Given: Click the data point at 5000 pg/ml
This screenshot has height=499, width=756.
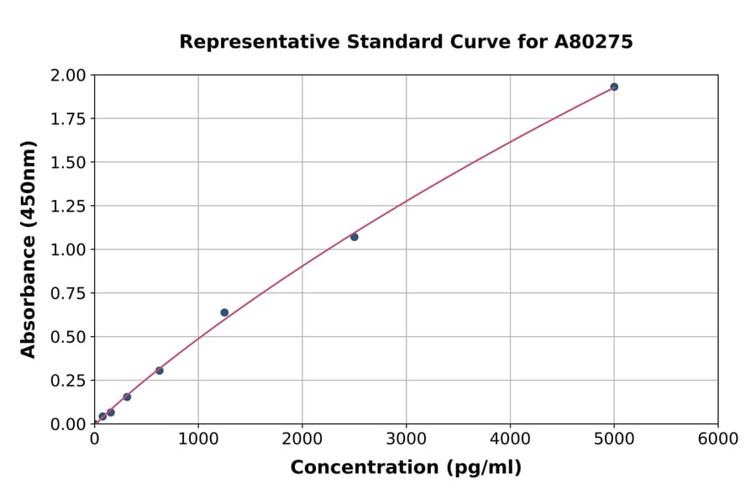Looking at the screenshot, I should tap(614, 87).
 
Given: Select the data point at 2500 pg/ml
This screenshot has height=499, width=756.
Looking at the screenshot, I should tap(354, 237).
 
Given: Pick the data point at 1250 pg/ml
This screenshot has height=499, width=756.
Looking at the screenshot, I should tap(224, 313).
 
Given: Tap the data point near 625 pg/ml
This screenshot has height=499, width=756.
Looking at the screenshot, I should tap(160, 370).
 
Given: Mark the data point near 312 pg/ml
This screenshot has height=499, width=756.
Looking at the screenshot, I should tap(127, 397).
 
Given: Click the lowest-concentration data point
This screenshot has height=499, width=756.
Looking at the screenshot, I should tap(102, 416).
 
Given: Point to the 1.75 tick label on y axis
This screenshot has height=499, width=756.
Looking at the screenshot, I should tap(68, 118).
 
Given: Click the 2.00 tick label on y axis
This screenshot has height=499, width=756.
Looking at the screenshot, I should tap(68, 76).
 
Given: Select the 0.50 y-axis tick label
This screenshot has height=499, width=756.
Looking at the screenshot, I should tap(68, 337).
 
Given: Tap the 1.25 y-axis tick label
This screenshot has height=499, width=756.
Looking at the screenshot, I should tap(68, 206).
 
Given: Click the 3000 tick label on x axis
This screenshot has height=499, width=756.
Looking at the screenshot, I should tap(407, 439).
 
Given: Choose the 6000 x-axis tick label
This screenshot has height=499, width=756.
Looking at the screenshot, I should tap(718, 439).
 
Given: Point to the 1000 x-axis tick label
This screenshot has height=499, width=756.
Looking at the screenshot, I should tap(198, 439).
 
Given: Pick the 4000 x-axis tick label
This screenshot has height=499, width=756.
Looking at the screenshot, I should tap(511, 439).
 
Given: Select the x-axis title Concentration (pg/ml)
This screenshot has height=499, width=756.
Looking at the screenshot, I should tap(406, 468).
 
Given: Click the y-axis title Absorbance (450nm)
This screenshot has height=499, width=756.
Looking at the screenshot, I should tap(29, 249).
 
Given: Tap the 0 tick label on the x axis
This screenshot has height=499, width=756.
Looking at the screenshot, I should tap(95, 439).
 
